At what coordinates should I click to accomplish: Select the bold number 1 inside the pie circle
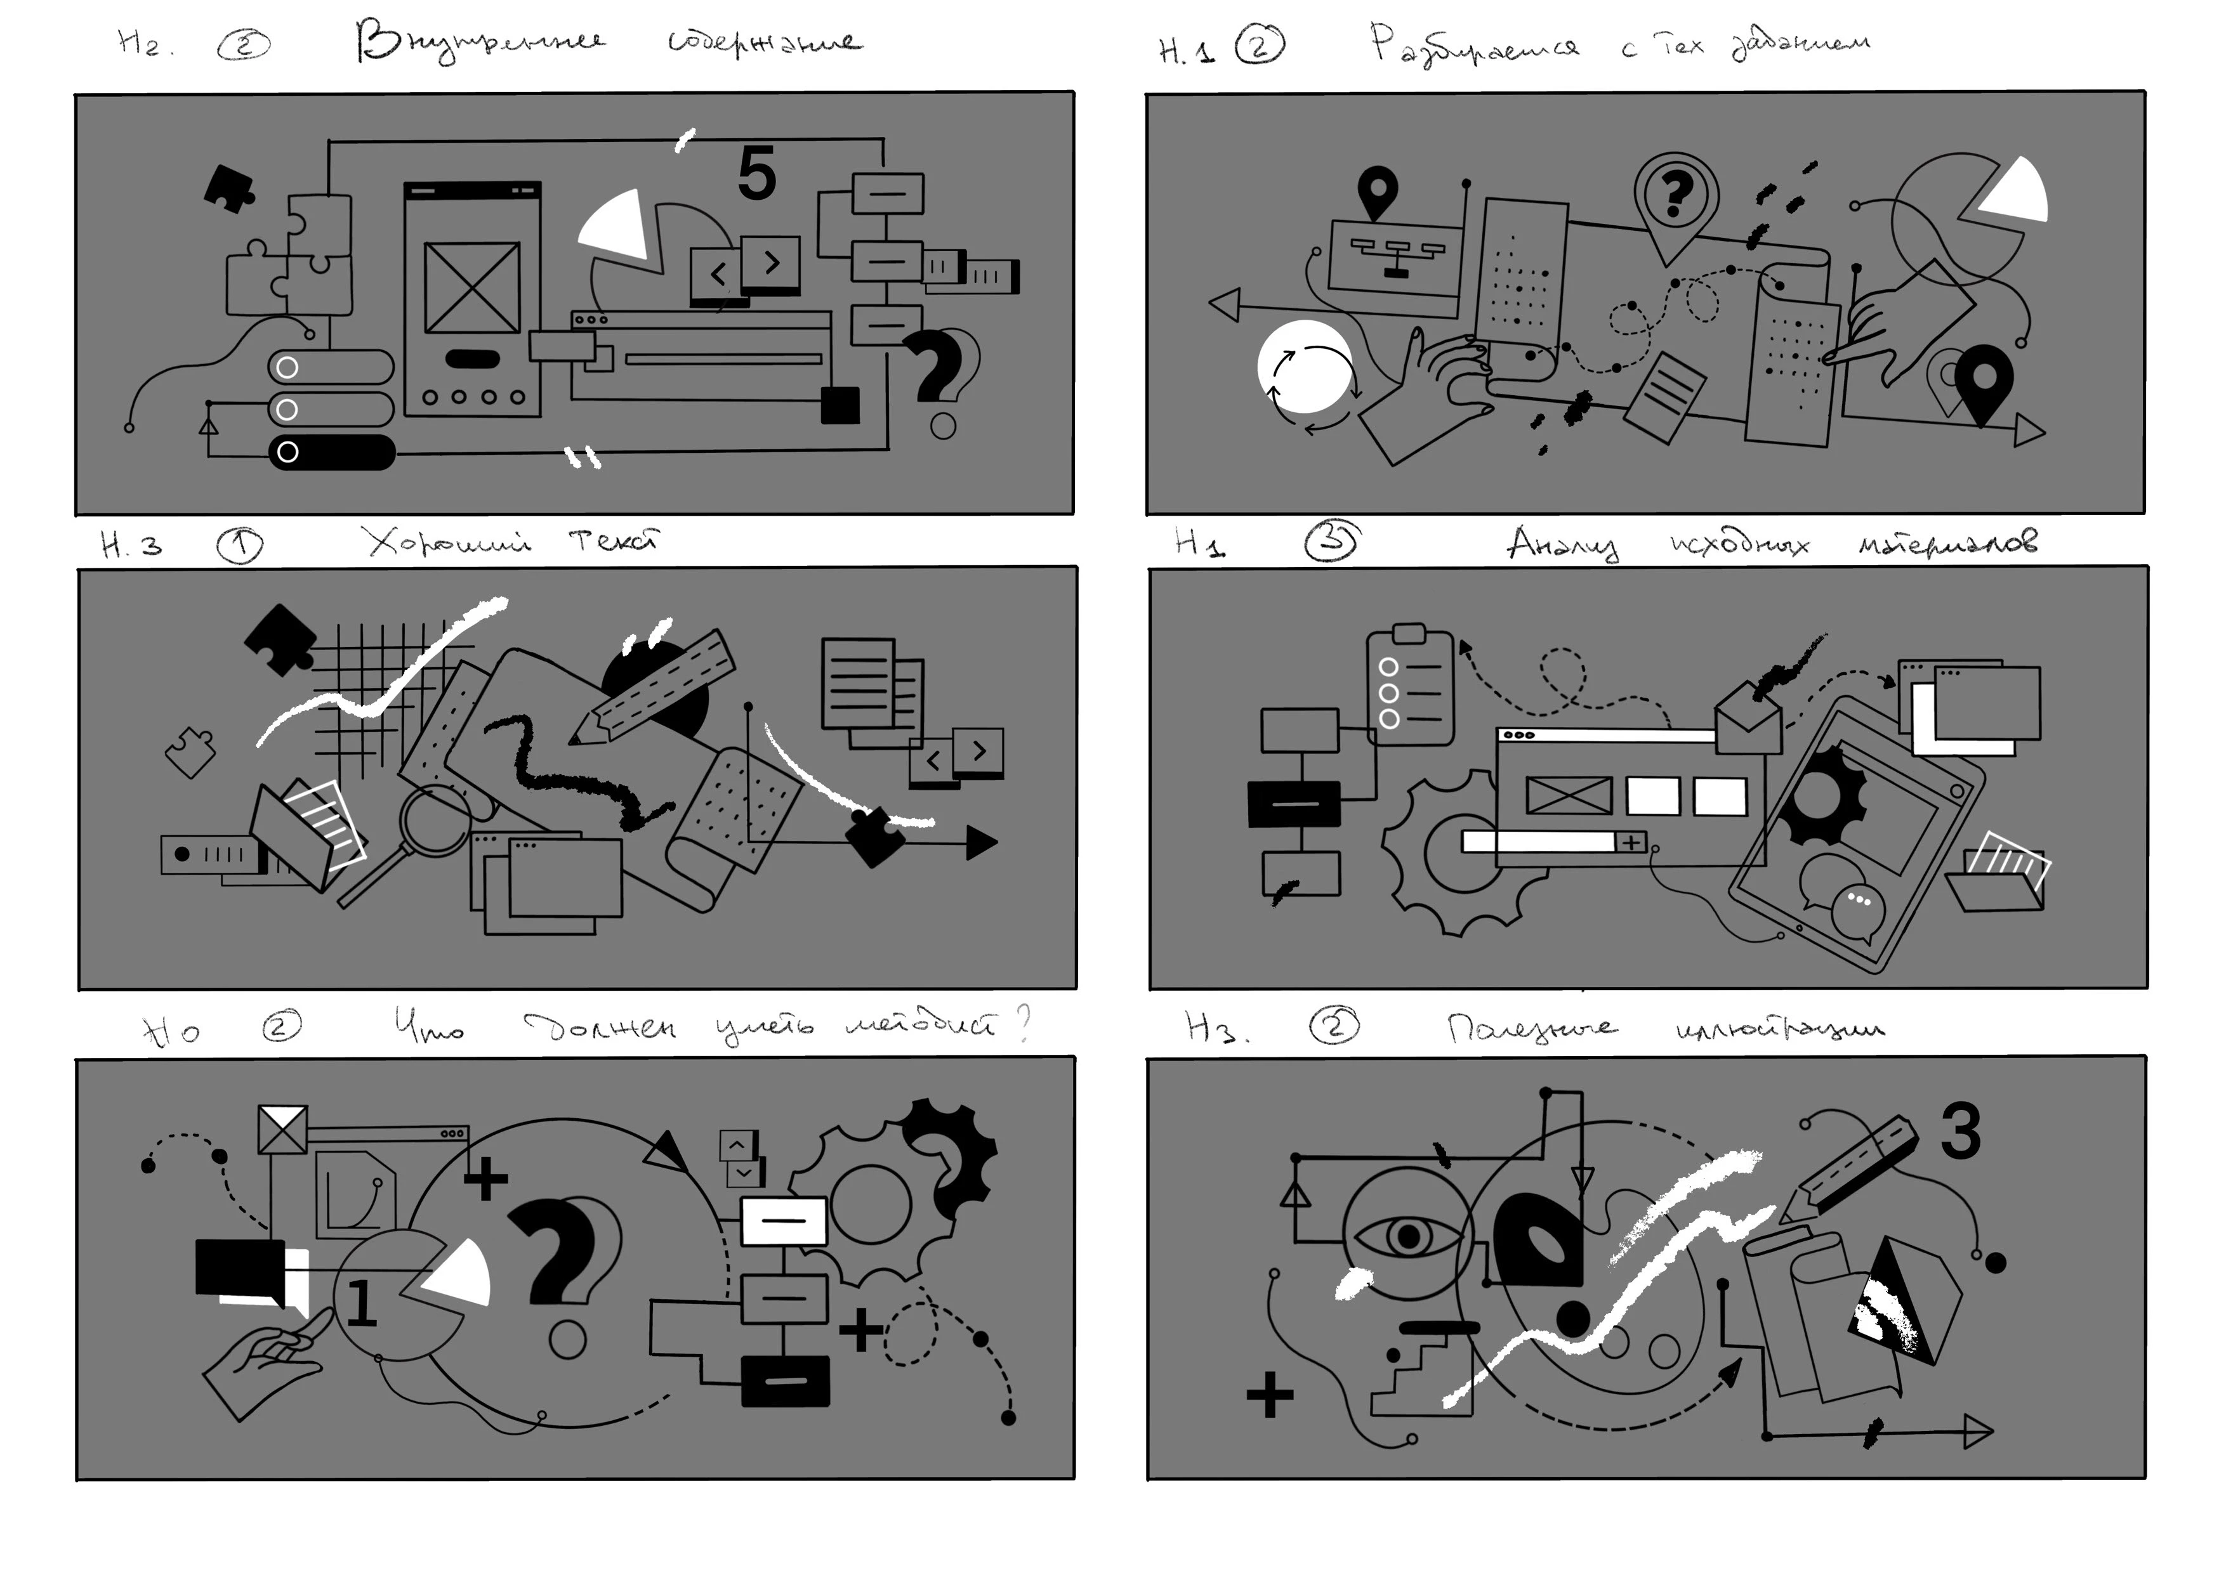pos(360,1303)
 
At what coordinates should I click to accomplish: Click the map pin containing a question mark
pos(1675,197)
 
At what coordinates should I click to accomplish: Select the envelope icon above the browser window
pos(1748,722)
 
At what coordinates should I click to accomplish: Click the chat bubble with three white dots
pos(1857,908)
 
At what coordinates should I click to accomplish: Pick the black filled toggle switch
pos(332,452)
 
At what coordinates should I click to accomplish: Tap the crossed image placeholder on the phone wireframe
pos(472,287)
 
